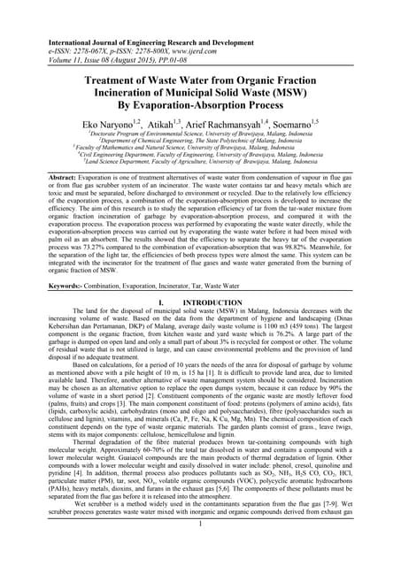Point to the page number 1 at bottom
200,547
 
